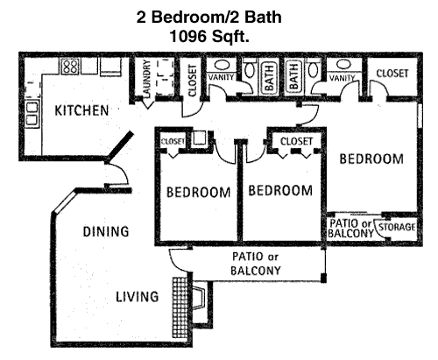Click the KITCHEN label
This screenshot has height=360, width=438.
click(x=81, y=110)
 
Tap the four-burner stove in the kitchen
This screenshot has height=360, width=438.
click(x=70, y=67)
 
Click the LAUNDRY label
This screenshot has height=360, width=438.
click(x=146, y=78)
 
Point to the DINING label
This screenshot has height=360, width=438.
click(x=106, y=231)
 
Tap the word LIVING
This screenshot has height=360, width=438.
click(x=138, y=297)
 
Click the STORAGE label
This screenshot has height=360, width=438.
click(x=397, y=227)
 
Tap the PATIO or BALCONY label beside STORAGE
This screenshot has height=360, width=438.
click(x=350, y=229)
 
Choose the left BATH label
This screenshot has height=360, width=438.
click(x=269, y=78)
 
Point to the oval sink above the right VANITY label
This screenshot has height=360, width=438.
click(x=343, y=64)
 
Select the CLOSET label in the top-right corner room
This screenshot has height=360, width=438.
click(x=392, y=74)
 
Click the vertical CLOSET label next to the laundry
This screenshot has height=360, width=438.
click(x=193, y=81)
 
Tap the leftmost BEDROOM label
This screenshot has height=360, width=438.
click(x=199, y=193)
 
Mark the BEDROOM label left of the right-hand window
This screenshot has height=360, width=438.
click(x=371, y=159)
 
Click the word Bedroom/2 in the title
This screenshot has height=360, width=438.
click(x=191, y=17)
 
